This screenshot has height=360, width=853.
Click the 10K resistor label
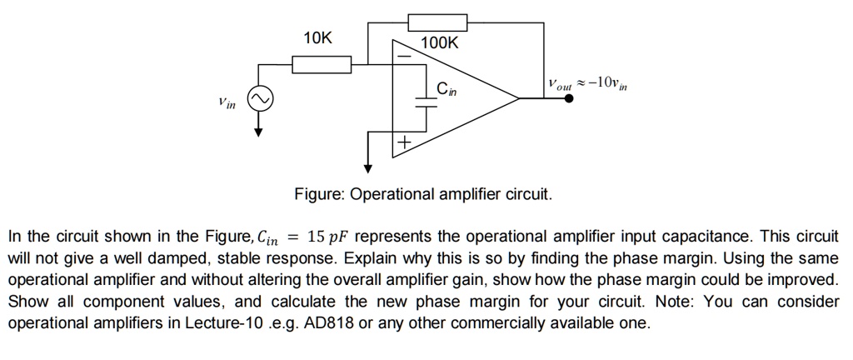317,38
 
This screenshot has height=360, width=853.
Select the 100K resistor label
439,43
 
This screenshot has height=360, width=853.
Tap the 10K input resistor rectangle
321,63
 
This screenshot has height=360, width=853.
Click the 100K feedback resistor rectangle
437,22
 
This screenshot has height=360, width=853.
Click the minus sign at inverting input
403,57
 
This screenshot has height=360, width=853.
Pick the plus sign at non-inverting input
403,144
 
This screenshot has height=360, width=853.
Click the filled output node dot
569,98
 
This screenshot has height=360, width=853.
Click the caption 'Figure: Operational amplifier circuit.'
423,194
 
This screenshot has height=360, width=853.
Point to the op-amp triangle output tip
519,98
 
